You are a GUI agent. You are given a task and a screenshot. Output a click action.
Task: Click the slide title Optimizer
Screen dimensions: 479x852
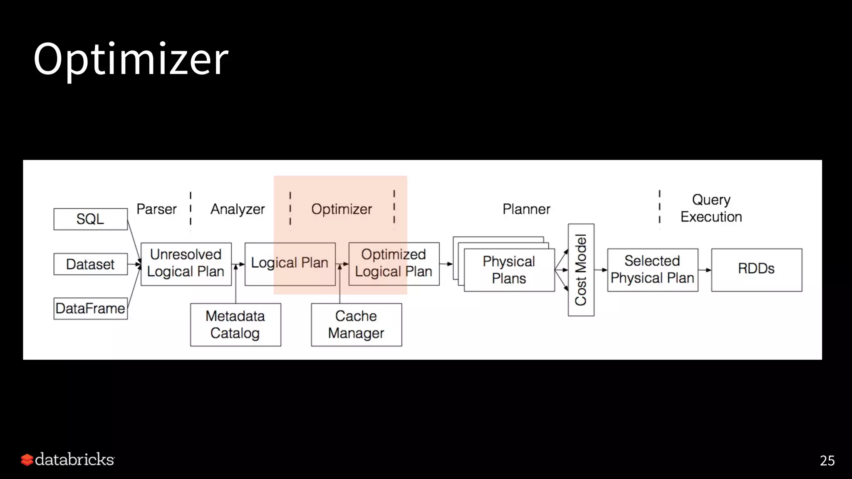click(x=131, y=59)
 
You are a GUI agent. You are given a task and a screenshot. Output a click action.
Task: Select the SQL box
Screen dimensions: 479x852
click(x=90, y=219)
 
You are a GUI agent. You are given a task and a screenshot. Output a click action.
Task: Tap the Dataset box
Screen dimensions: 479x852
click(x=90, y=264)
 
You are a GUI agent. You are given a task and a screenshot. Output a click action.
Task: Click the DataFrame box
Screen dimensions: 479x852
click(x=90, y=309)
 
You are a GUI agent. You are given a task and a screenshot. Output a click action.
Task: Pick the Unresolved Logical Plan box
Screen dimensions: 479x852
click(x=186, y=264)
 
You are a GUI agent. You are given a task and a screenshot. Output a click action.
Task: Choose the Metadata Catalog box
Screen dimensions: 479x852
click(x=235, y=324)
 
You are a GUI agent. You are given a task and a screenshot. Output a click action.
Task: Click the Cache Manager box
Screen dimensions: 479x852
click(x=356, y=324)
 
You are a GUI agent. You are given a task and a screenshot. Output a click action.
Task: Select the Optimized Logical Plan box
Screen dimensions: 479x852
click(x=394, y=264)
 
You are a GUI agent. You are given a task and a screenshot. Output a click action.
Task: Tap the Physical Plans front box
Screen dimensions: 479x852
click(x=509, y=270)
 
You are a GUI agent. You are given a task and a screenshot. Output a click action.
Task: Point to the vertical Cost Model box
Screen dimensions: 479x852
click(x=581, y=270)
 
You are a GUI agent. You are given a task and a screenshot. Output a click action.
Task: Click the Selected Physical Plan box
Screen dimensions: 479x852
click(x=652, y=269)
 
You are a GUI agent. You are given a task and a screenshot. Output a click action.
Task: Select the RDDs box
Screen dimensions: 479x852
click(x=756, y=269)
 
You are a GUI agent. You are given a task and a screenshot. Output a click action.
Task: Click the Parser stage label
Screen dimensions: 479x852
click(x=156, y=209)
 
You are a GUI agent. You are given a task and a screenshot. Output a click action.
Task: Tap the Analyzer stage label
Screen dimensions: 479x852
click(x=238, y=209)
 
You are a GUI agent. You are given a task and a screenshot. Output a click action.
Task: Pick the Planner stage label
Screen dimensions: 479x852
click(x=526, y=209)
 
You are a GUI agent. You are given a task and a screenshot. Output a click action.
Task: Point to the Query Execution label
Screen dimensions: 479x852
click(x=711, y=208)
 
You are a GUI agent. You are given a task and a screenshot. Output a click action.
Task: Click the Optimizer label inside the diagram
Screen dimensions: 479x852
click(x=342, y=209)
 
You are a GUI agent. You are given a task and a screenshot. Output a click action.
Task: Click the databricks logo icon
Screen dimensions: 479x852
click(x=27, y=460)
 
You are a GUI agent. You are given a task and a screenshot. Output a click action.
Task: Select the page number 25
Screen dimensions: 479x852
click(x=827, y=461)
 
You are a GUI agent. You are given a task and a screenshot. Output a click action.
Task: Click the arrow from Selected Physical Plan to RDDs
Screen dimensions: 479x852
click(x=705, y=270)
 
